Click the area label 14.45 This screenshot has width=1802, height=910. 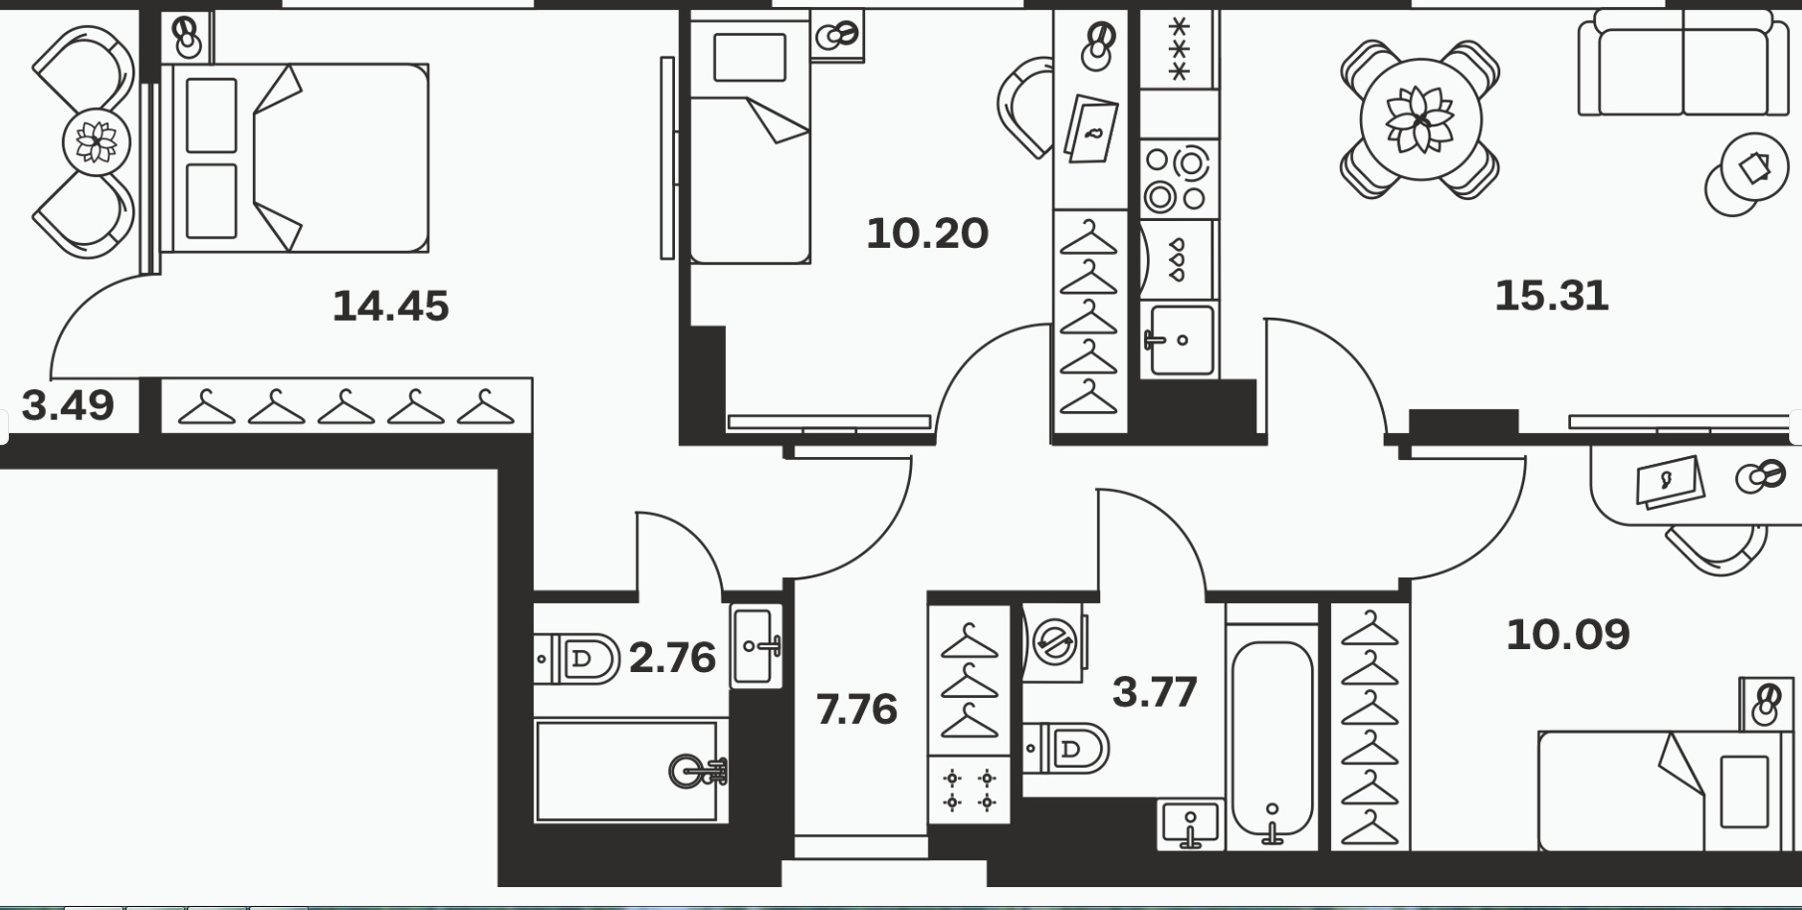point(390,306)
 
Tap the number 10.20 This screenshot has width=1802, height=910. point(927,234)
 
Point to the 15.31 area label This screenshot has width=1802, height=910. point(1551,296)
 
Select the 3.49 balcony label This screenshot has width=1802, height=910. point(68,405)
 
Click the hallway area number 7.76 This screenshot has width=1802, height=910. point(856,710)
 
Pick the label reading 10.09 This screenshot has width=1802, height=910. point(1567,634)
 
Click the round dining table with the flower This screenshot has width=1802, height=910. point(1421,119)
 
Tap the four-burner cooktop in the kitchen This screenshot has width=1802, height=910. point(1177,179)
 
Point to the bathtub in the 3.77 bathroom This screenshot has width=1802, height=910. point(1272,738)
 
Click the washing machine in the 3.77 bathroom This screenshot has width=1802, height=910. point(1055,642)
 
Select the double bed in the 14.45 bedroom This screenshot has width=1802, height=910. point(295,158)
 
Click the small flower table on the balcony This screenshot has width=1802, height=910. point(97,142)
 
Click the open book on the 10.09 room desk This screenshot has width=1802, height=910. point(1670,482)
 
